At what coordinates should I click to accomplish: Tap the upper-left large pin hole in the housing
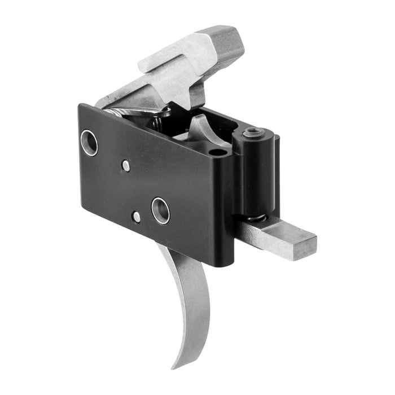[89, 143]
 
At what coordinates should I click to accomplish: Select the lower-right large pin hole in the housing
[161, 210]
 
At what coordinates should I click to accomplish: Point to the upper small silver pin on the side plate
[126, 166]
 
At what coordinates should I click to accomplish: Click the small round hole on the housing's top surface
[216, 152]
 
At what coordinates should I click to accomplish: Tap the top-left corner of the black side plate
[80, 106]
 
